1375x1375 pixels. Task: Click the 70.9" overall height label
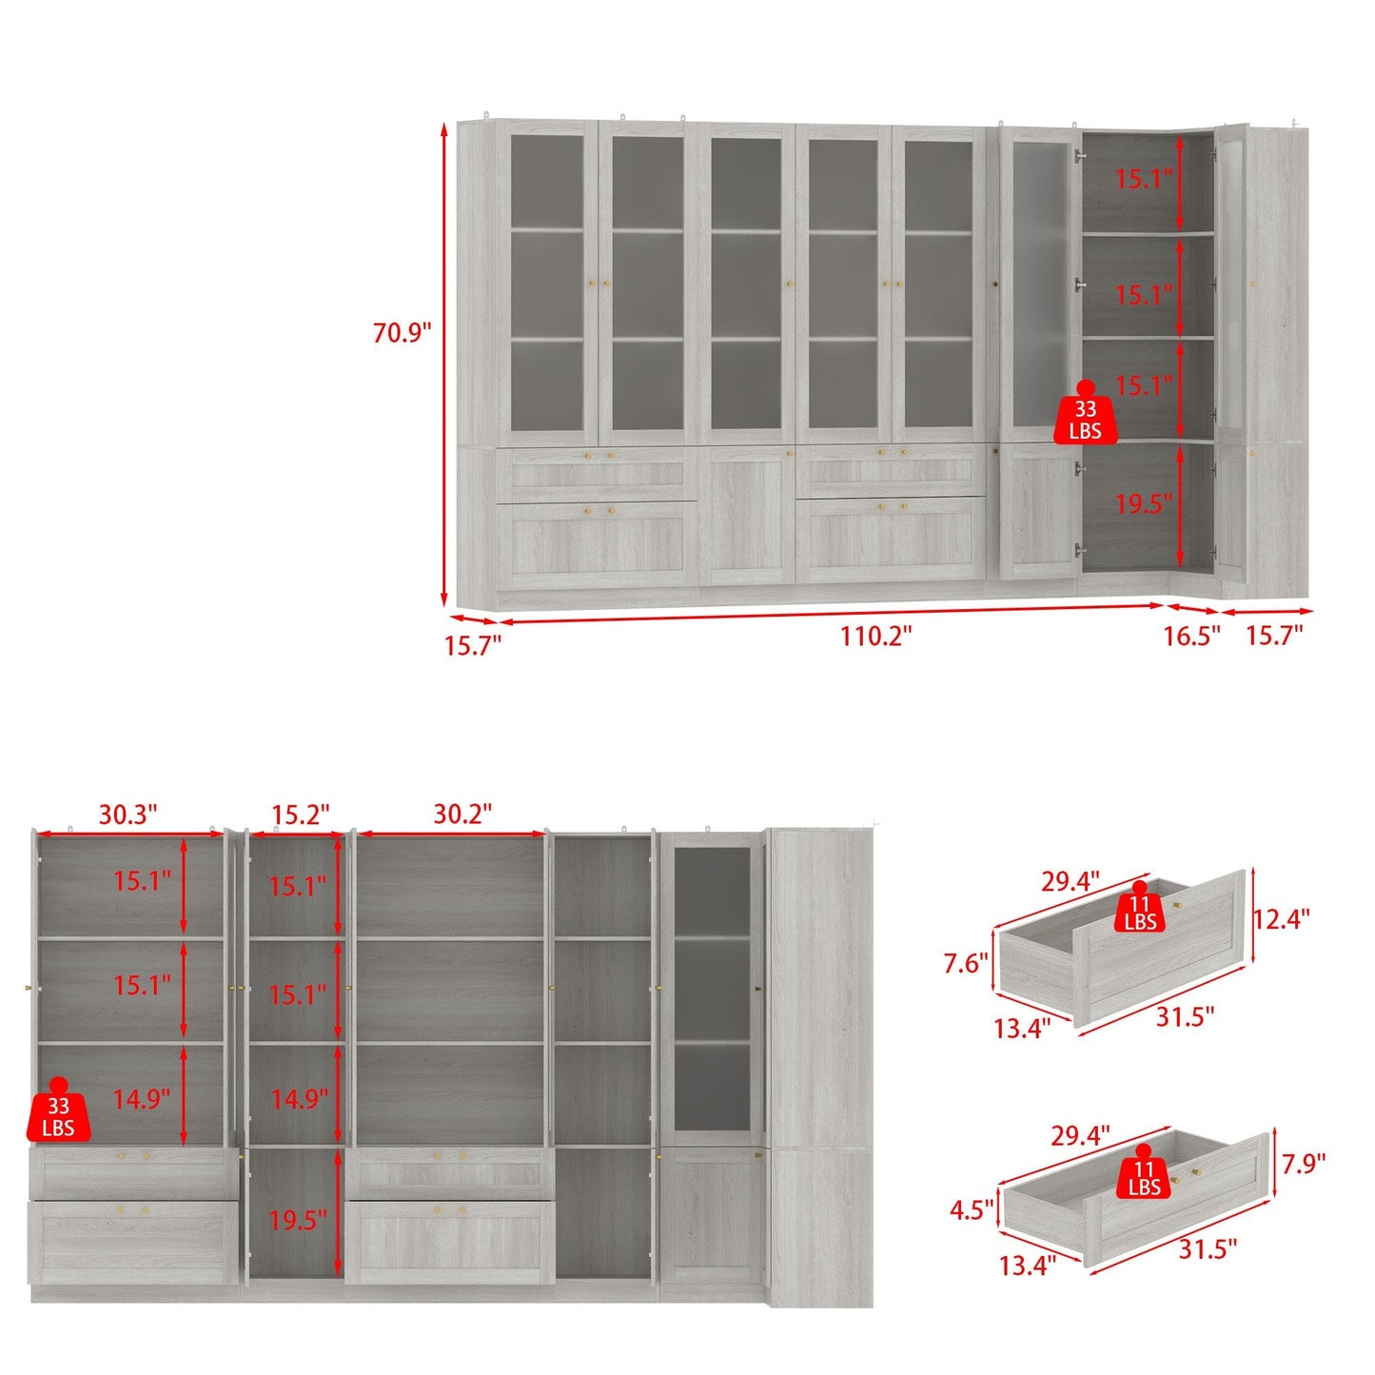pyautogui.click(x=402, y=333)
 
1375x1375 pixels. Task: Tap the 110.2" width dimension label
pyautogui.click(x=875, y=636)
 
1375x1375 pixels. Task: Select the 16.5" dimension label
pyautogui.click(x=1191, y=636)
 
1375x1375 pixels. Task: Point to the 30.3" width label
pyautogui.click(x=128, y=815)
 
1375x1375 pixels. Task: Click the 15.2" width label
pyautogui.click(x=301, y=815)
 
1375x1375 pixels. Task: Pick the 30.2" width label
pyautogui.click(x=462, y=815)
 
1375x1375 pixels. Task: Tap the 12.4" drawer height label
pyautogui.click(x=1281, y=919)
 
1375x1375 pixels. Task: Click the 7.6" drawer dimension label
pyautogui.click(x=967, y=964)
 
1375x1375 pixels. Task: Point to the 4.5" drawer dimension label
pyautogui.click(x=972, y=1210)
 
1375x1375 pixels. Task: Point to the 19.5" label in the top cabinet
pyautogui.click(x=1144, y=503)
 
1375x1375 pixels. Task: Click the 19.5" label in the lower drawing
pyautogui.click(x=298, y=1220)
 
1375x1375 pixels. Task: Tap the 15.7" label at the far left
pyautogui.click(x=472, y=646)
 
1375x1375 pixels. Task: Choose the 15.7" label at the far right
pyautogui.click(x=1274, y=636)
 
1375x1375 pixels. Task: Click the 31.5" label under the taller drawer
pyautogui.click(x=1185, y=1017)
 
